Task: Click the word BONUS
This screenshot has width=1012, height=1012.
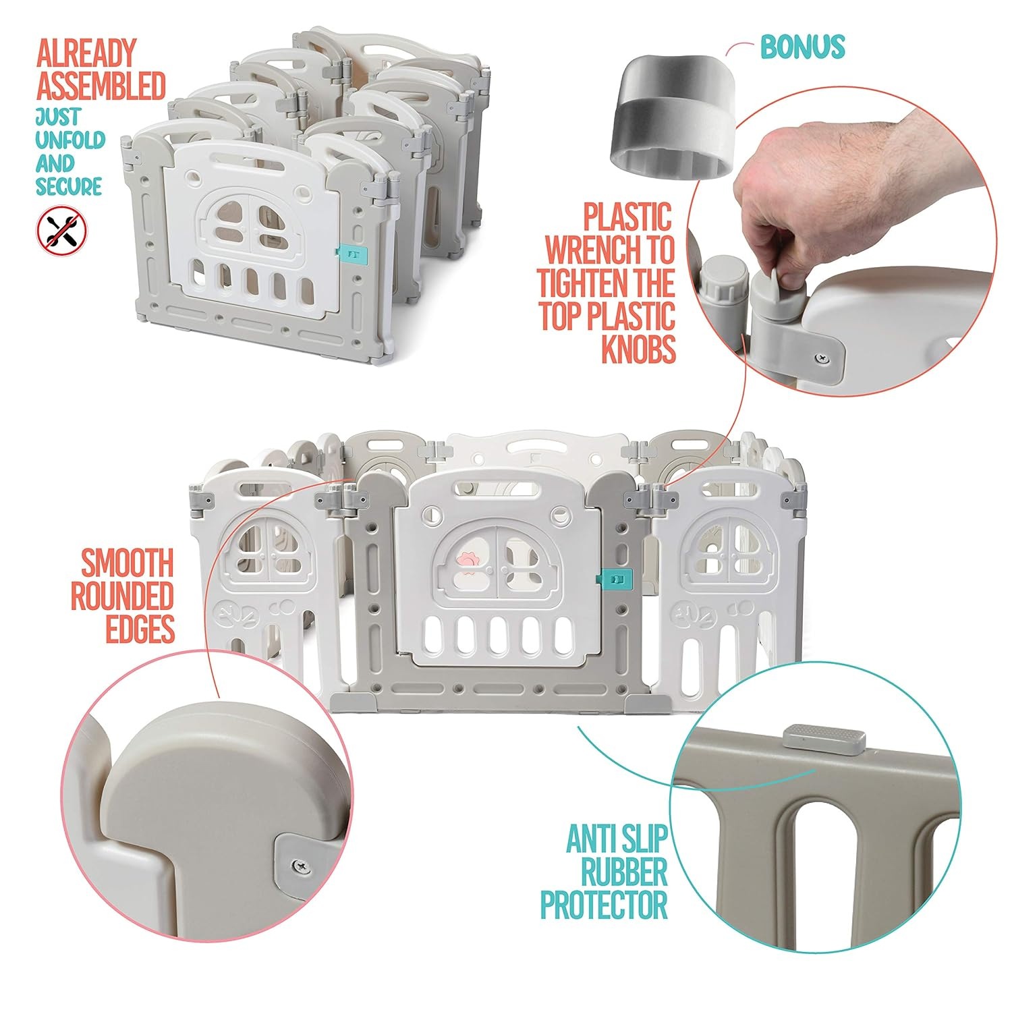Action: pos(802,47)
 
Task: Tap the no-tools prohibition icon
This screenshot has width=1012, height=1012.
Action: pos(62,231)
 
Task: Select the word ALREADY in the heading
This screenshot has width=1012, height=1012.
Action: pos(86,53)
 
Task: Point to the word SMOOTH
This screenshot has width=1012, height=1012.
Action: pos(128,563)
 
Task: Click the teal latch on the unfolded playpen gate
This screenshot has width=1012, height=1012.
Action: pos(615,579)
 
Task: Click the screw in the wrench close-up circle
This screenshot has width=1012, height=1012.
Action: pos(821,358)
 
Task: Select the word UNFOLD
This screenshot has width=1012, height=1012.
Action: pos(70,140)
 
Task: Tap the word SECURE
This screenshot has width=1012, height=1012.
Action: pos(69,186)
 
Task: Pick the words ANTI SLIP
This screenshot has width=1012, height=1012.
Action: pos(617,839)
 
